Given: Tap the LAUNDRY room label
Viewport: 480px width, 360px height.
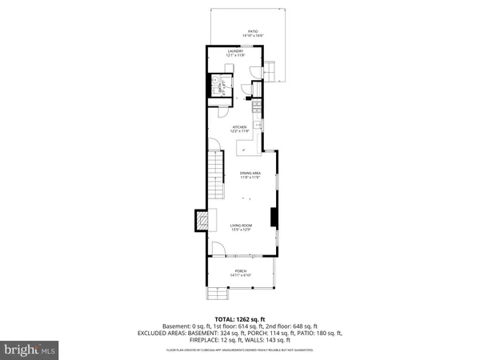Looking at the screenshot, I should tap(234, 51).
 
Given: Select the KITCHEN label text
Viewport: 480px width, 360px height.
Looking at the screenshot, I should tap(239, 127).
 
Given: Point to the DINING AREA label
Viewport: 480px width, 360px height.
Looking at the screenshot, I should tap(250, 174).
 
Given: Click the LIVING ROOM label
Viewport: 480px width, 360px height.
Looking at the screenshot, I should tap(242, 226).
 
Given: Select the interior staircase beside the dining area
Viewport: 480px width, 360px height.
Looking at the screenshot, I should tap(216, 179).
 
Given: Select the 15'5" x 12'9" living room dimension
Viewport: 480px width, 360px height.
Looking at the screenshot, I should tap(242, 231).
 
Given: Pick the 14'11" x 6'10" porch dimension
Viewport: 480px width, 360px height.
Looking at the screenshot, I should tap(241, 276).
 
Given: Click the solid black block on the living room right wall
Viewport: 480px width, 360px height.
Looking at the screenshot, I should tap(273, 218).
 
